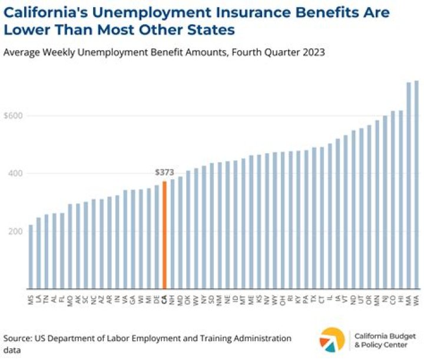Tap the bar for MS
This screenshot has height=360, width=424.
click(x=31, y=256)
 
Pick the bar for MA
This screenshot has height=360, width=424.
click(x=409, y=185)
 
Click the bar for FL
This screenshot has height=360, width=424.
click(x=62, y=250)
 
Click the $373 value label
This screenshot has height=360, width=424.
click(x=164, y=173)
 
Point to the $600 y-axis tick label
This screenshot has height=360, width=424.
click(x=14, y=115)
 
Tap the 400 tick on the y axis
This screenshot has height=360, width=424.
click(x=16, y=173)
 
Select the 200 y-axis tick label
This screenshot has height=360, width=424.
click(x=16, y=231)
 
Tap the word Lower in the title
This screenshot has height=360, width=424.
click(x=25, y=30)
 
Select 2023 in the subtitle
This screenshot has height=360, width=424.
click(x=314, y=52)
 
